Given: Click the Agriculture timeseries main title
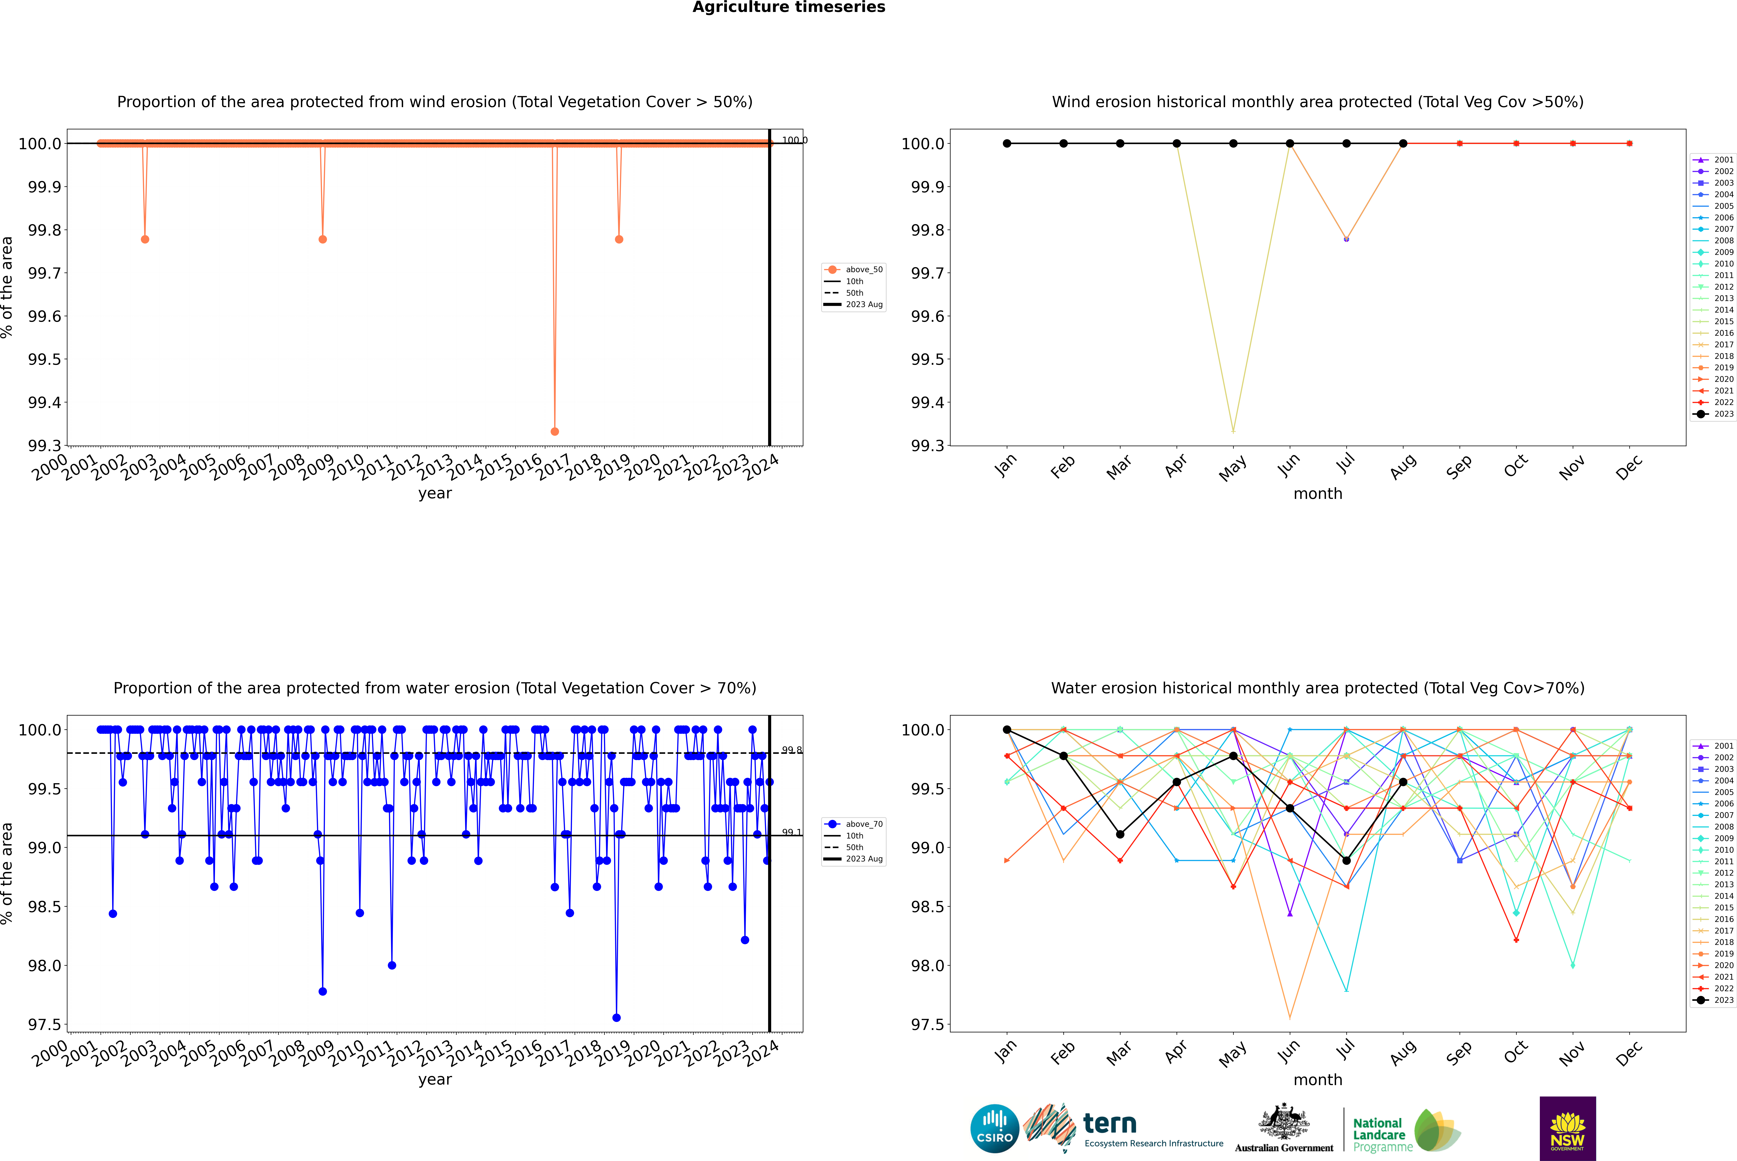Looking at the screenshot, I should tap(788, 7).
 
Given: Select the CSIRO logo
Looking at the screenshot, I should tap(994, 1128).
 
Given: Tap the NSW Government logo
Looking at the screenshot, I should tap(1567, 1128).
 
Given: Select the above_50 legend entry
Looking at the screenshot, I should tap(853, 270).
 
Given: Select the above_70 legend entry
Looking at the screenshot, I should tap(853, 824).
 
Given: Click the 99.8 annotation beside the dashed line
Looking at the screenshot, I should tap(791, 750).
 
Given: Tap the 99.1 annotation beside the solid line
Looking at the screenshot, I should tap(791, 832).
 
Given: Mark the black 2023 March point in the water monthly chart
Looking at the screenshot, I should tap(1120, 834).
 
